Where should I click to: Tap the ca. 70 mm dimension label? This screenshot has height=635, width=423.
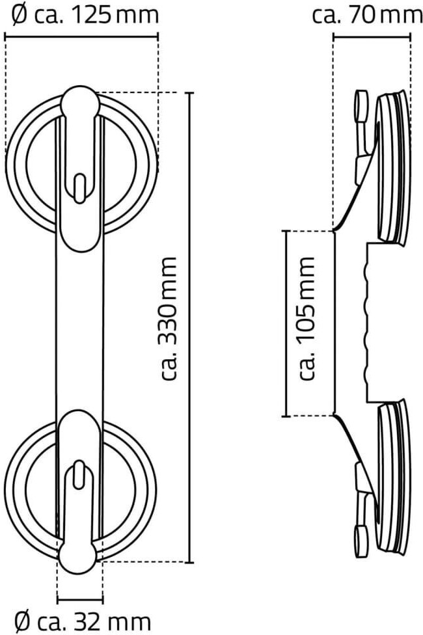(366, 14)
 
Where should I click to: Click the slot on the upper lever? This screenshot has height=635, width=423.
(79, 188)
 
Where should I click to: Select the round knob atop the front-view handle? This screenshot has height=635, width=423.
(80, 103)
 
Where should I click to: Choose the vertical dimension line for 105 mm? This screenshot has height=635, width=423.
(286, 323)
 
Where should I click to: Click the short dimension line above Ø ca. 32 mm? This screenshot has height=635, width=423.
(80, 599)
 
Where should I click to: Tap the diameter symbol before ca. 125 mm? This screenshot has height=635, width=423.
(20, 14)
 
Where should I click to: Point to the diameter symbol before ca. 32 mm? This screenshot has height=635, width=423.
(22, 621)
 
